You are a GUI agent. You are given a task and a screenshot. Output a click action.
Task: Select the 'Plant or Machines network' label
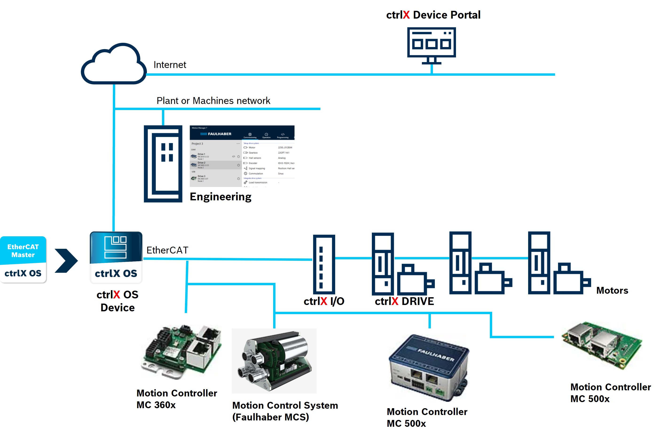(213, 100)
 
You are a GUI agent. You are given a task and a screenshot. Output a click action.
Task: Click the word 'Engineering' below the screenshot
(220, 197)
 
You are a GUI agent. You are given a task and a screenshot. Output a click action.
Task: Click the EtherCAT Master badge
(23, 259)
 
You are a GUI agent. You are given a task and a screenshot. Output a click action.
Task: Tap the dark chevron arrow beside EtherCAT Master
(66, 261)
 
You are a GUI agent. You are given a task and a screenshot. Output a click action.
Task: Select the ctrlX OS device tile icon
(116, 257)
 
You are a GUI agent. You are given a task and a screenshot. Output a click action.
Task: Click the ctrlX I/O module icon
(324, 264)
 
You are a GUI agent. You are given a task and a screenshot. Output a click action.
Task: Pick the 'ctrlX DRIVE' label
(404, 301)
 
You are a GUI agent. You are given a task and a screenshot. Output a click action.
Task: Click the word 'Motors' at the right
(612, 290)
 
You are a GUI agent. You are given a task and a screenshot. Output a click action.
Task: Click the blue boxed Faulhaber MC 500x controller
(429, 368)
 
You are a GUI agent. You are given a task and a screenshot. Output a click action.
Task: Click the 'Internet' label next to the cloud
(170, 65)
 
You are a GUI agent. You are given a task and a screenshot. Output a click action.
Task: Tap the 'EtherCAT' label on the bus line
(167, 250)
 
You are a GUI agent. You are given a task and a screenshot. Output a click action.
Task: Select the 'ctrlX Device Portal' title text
(433, 15)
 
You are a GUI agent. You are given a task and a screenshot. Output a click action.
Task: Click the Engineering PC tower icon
(163, 164)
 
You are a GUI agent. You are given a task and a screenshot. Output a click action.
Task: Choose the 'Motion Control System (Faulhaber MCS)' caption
(285, 411)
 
